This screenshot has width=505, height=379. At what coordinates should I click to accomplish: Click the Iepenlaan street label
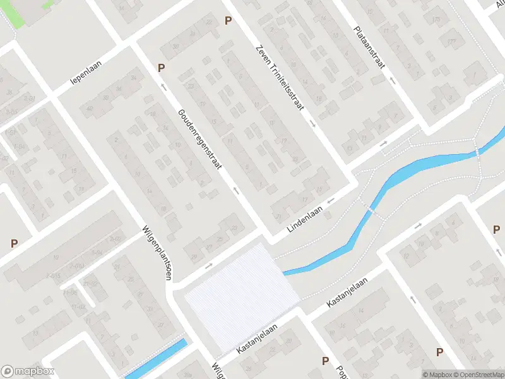pos(86,74)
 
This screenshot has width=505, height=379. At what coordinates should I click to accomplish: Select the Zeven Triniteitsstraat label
pos(279,78)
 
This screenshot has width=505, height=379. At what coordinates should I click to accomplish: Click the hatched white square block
pos(240,297)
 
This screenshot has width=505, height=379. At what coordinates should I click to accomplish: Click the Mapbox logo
pos(28,371)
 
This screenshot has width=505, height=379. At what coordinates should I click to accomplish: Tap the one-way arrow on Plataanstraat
pos(392,80)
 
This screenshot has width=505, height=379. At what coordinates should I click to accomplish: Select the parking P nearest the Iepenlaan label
pos(161,68)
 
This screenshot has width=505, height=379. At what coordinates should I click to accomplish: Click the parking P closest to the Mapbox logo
pos(14,243)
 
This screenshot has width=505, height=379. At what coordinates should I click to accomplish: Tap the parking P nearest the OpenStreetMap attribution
pos(439,352)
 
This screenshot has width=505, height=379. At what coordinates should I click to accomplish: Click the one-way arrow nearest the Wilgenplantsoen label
pos(209,266)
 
